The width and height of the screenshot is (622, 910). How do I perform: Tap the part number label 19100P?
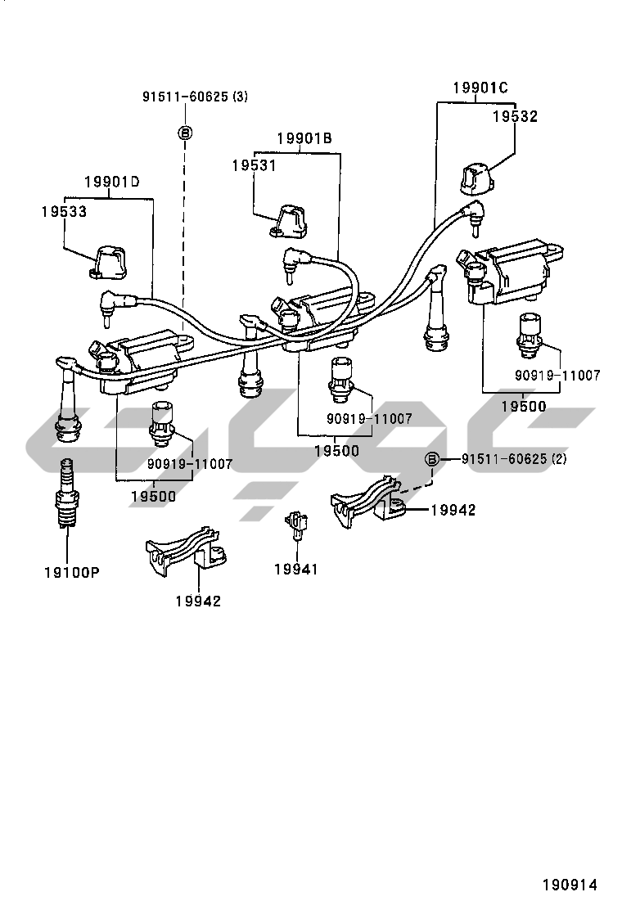[72, 573]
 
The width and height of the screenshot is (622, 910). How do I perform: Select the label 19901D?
[112, 182]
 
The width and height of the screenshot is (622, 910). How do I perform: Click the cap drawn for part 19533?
[109, 262]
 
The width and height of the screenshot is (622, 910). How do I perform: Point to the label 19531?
[255, 165]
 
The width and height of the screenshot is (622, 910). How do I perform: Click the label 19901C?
[480, 88]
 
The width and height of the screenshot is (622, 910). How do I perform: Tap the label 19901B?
[304, 138]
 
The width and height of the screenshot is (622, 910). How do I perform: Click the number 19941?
[296, 570]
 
